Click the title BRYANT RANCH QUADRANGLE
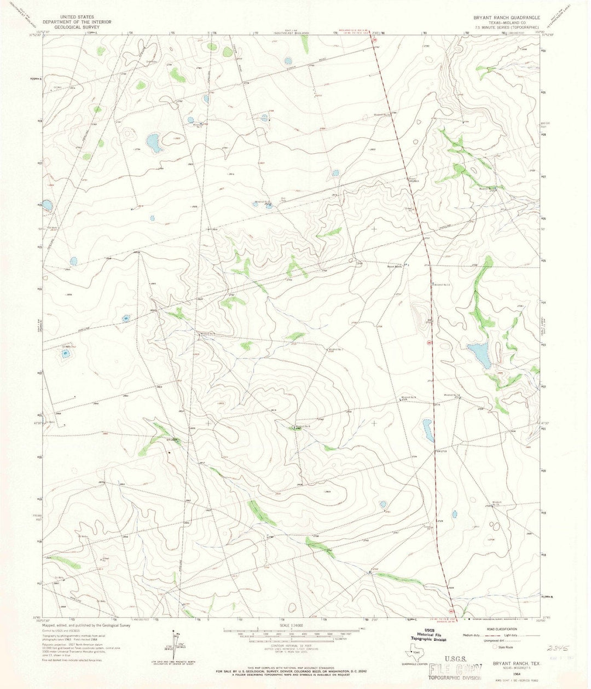507,18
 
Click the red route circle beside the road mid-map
429,343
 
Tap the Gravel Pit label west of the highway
408,209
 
